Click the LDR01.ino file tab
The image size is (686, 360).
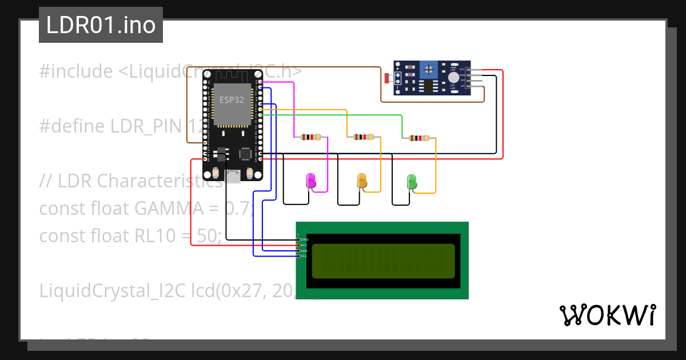pos(101,25)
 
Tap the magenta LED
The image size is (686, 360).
pos(311,181)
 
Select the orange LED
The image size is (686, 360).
pos(362,181)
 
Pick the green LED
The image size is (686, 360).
pos(412,182)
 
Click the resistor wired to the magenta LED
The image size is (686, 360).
pos(310,137)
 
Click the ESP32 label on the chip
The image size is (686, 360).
pos(232,100)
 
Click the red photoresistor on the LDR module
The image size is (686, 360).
pos(387,78)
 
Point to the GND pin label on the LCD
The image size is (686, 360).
pos(304,239)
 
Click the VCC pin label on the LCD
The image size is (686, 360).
pos(304,245)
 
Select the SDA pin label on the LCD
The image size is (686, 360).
pos(304,251)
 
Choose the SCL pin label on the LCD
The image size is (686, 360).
pos(304,256)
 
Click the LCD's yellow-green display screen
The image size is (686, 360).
pos(384,261)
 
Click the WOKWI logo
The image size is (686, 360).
pos(607,315)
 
